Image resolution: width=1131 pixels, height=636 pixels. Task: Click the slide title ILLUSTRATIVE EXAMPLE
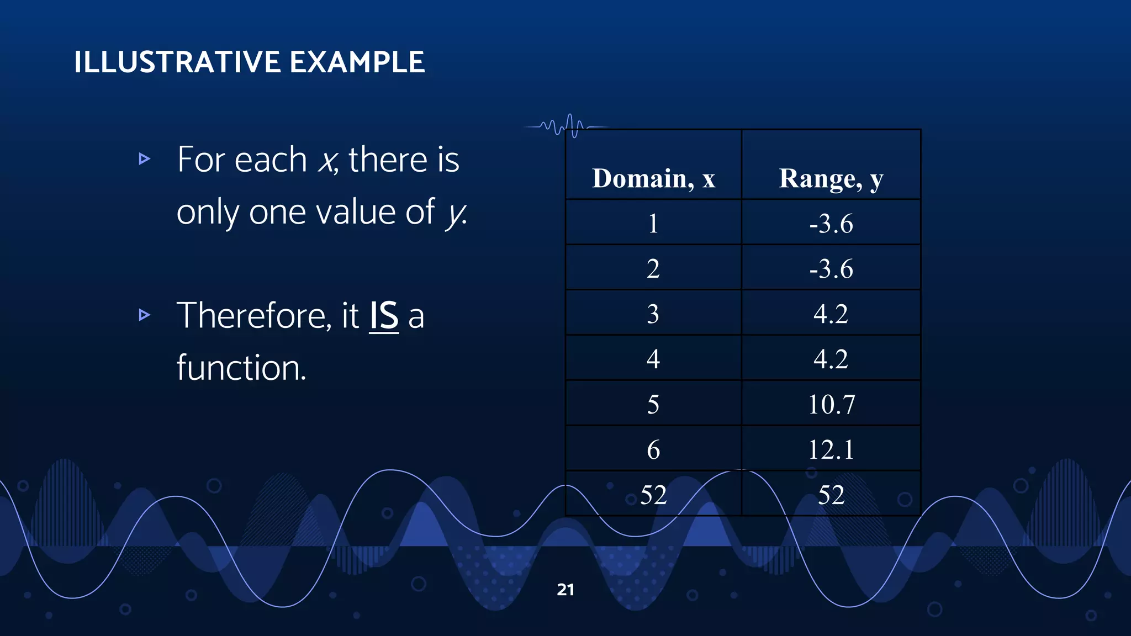pos(249,62)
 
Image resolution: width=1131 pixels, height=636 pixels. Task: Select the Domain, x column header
pos(653,178)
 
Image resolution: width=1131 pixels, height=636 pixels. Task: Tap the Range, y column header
pos(831,178)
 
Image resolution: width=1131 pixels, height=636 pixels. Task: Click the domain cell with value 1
pos(653,224)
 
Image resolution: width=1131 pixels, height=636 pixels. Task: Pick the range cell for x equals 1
pos(831,224)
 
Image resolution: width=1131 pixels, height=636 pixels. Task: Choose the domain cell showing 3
pos(653,314)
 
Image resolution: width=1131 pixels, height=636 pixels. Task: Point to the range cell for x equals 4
pos(831,359)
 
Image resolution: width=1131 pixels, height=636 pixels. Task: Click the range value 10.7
pos(831,404)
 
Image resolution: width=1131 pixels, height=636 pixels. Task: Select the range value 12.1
pos(831,449)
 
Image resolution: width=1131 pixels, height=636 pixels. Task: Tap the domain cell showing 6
pos(653,449)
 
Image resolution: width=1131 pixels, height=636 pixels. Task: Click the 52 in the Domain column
pos(653,495)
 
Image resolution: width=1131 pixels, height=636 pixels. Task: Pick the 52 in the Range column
pos(831,495)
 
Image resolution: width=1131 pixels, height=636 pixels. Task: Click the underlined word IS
pos(384,316)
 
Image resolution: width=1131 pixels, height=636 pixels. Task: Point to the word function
pos(241,368)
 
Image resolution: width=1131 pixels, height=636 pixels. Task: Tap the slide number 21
pos(565,590)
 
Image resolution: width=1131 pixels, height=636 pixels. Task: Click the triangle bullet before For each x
pos(144,159)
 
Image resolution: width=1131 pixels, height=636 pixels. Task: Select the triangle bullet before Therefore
pos(144,315)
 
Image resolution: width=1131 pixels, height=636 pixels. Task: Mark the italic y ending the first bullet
pos(456,213)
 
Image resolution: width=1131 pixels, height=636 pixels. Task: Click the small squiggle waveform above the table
pos(566,126)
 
